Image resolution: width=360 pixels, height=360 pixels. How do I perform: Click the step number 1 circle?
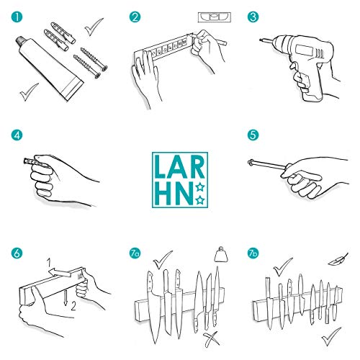click(17, 17)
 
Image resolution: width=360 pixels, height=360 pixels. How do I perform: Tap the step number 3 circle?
click(253, 17)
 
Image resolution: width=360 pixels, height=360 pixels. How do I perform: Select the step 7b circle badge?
click(253, 253)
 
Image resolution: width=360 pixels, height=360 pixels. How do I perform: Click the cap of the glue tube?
click(20, 41)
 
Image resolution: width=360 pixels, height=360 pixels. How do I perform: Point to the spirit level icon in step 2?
click(215, 17)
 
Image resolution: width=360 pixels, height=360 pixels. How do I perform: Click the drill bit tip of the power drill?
click(261, 40)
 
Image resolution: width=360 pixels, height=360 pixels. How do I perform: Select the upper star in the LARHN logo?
click(199, 187)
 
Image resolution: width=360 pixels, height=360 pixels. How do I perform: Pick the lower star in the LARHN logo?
click(200, 199)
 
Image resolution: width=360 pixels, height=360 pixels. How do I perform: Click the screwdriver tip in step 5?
click(250, 163)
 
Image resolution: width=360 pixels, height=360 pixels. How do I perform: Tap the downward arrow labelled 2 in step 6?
click(65, 297)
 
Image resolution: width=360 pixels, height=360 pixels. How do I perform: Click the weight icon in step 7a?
click(221, 254)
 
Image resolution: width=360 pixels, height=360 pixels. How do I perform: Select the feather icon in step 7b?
click(338, 259)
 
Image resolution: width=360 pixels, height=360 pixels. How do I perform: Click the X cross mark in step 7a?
click(210, 339)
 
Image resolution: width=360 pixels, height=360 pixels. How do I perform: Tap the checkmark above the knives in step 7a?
click(163, 259)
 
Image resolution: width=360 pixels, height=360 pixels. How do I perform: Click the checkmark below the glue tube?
click(29, 92)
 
